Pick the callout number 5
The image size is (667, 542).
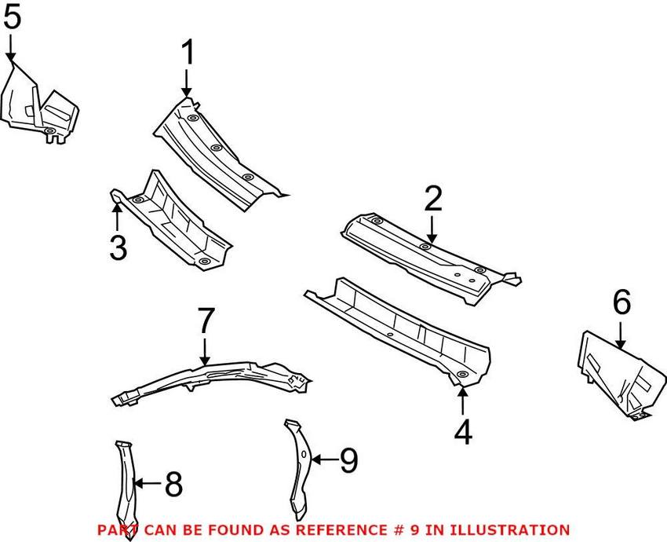(12, 19)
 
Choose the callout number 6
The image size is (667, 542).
(621, 302)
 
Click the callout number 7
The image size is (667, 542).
(205, 321)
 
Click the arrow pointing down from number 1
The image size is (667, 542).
(187, 82)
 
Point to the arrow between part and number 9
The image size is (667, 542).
(323, 459)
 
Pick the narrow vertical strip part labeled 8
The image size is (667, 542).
(125, 479)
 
